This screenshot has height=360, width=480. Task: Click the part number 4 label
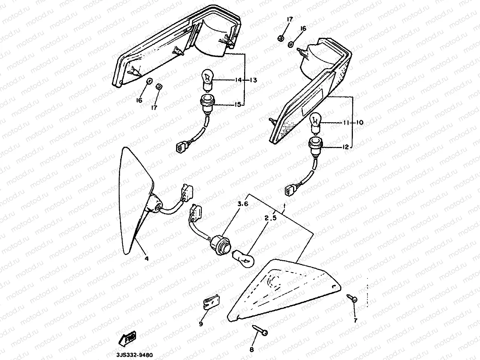click(x=147, y=258)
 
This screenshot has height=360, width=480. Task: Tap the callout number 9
click(x=201, y=324)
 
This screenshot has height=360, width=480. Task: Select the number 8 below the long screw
click(x=252, y=350)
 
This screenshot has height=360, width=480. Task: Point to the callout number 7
click(x=356, y=320)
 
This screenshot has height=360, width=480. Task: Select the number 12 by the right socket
click(x=345, y=147)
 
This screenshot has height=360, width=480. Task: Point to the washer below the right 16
click(x=291, y=44)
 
